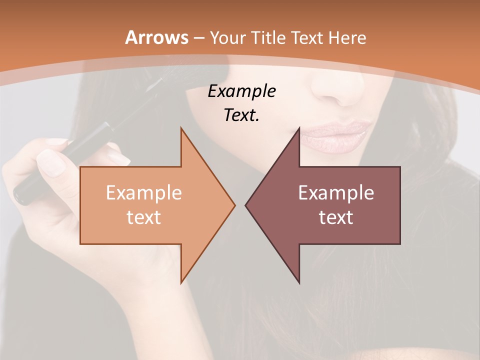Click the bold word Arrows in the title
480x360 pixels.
pos(157,37)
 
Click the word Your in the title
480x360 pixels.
pos(227,37)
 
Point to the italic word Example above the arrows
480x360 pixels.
pos(241,91)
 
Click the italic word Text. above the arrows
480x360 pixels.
pos(241,115)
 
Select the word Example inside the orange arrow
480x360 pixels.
pos(143,192)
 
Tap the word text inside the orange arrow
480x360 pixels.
pos(143,217)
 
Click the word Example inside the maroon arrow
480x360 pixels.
pos(335,192)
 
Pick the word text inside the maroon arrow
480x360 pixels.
pos(335,217)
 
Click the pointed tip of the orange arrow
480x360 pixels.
pos(234,205)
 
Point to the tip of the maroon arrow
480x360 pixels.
pos(246,205)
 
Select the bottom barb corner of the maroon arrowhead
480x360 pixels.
pos(299,282)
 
